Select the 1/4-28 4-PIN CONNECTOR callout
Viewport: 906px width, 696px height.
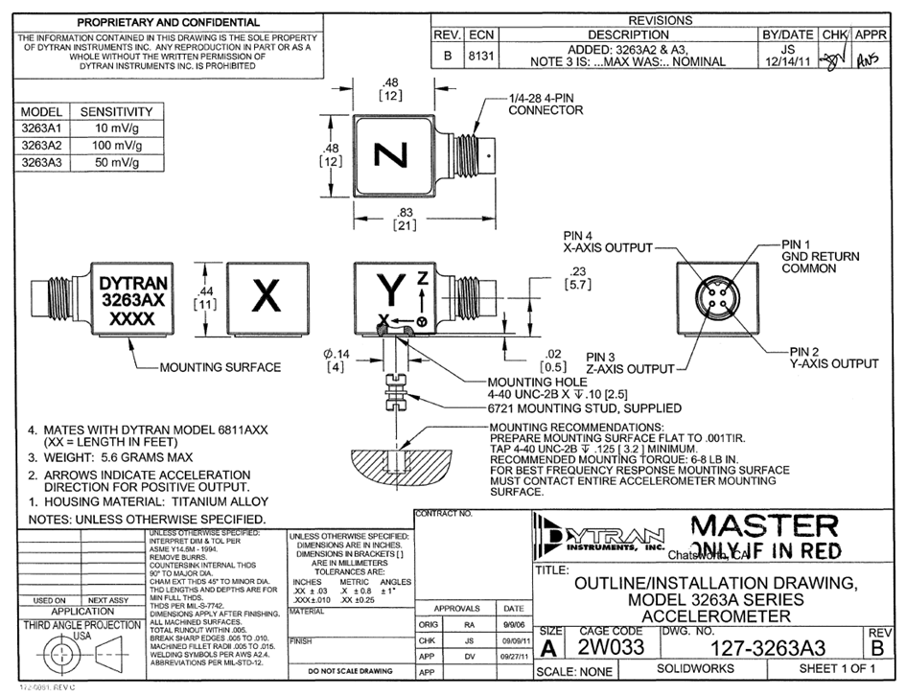pyautogui.click(x=546, y=104)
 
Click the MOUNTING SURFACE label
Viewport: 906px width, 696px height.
pyautogui.click(x=220, y=366)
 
